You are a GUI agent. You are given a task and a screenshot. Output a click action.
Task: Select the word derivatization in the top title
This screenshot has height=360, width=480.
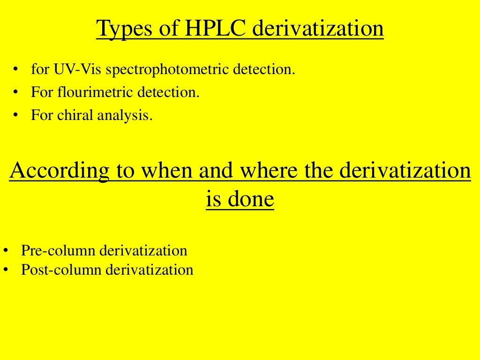tap(318, 29)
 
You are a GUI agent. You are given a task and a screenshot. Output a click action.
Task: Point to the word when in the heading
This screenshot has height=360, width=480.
tap(166, 171)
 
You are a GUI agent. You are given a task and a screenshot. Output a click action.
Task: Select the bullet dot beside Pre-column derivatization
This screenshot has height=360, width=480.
tap(6, 251)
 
